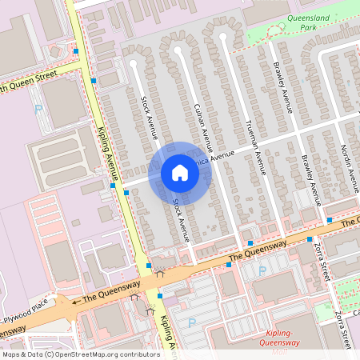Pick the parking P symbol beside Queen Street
(x=37, y=107)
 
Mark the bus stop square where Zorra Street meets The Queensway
(x=310, y=239)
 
